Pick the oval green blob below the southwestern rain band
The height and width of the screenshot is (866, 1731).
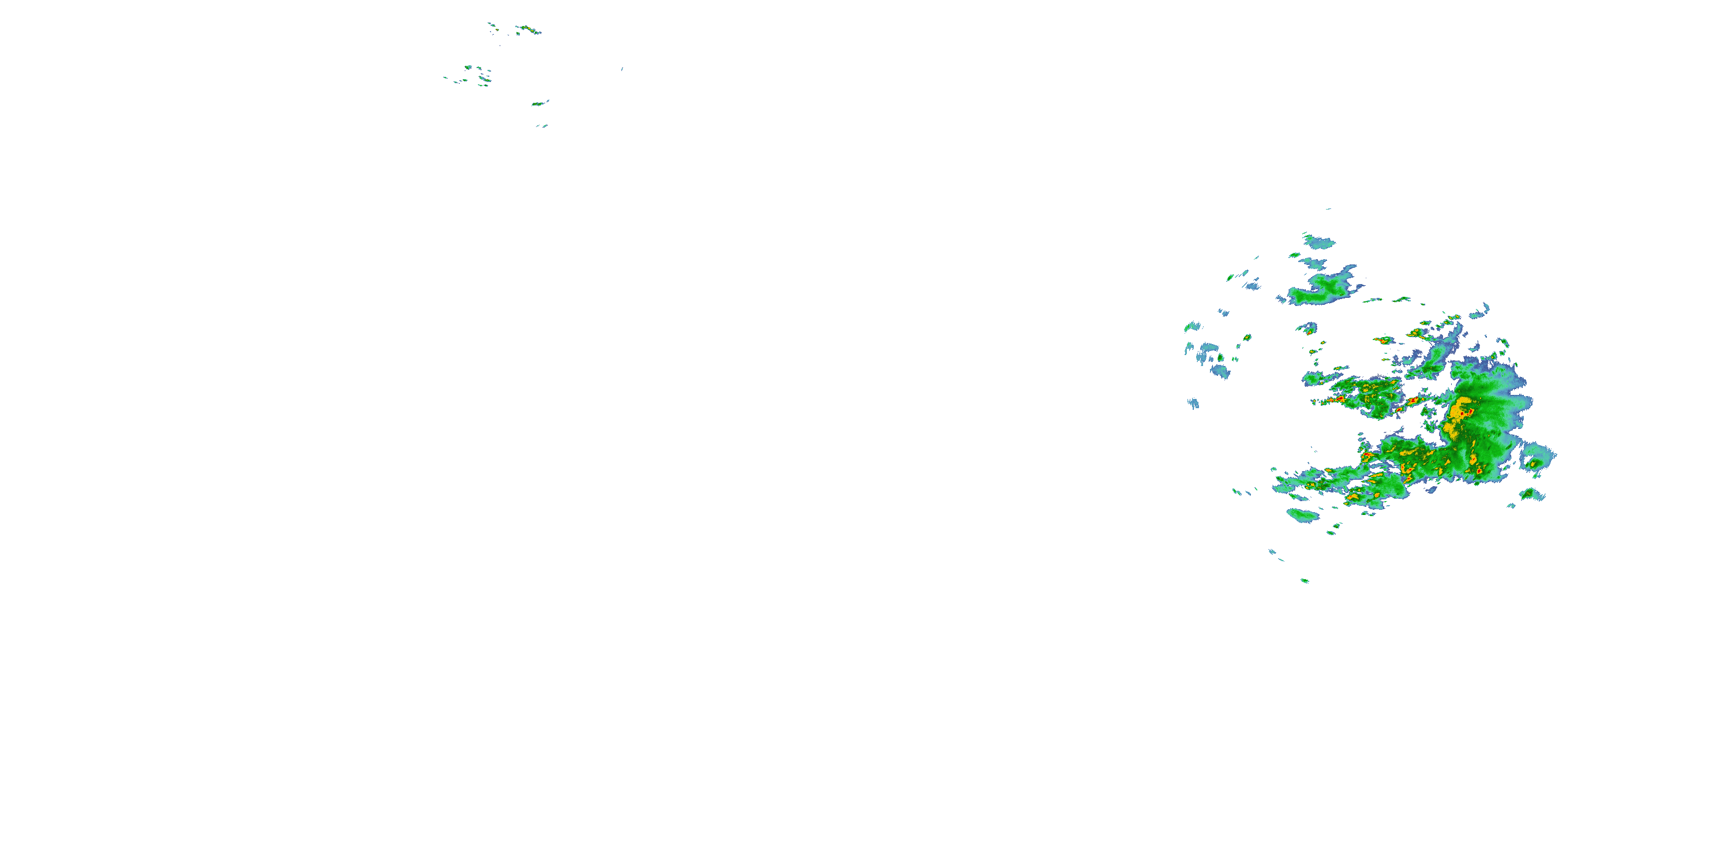point(1302,516)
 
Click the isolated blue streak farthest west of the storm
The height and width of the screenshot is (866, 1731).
point(1193,404)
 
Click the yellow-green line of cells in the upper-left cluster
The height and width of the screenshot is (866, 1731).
point(528,29)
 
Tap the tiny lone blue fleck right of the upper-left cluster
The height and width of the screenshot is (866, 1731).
point(621,69)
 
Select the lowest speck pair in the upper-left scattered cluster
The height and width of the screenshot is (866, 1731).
point(541,126)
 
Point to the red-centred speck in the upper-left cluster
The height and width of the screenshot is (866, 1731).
point(493,28)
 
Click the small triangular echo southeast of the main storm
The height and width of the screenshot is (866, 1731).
point(1531,494)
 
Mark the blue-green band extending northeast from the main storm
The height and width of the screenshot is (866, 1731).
point(1438,356)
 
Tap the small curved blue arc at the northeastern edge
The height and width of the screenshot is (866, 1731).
point(1481,311)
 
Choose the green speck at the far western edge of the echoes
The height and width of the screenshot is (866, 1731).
point(1192,327)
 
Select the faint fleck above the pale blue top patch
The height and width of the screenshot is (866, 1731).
point(1328,209)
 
